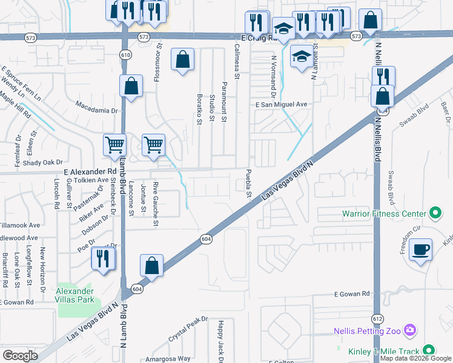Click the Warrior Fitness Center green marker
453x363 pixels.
[x=434, y=213]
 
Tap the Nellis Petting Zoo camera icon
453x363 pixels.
[x=410, y=330]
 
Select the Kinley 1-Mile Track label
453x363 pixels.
[x=384, y=351]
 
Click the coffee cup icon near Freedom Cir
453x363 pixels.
[x=420, y=250]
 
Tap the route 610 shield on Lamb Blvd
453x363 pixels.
[x=125, y=54]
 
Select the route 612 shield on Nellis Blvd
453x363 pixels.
[x=376, y=318]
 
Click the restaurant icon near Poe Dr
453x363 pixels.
[x=102, y=258]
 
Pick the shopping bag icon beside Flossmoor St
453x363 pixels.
[x=182, y=60]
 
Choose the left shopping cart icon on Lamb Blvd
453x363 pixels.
[x=114, y=145]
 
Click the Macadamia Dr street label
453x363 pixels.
[x=96, y=110]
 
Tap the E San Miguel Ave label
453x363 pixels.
[x=281, y=104]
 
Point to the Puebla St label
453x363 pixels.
[x=248, y=184]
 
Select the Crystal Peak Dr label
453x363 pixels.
[x=188, y=328]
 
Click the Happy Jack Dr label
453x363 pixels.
[x=221, y=341]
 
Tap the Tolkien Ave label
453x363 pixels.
[x=90, y=180]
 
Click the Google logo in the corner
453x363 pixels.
[x=20, y=356]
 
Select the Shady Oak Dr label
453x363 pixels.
[x=45, y=162]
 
